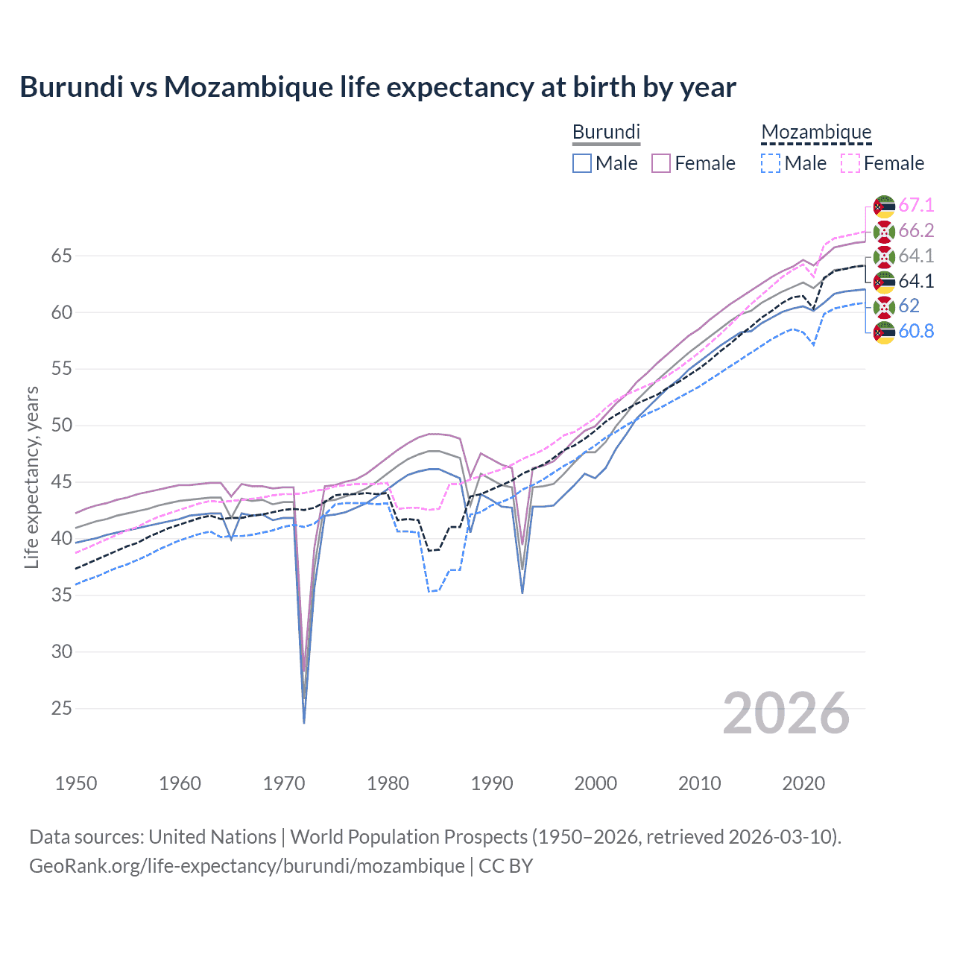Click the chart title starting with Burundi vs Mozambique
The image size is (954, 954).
[x=377, y=87]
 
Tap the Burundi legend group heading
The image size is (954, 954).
[x=606, y=132]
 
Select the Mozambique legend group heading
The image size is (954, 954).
[x=816, y=132]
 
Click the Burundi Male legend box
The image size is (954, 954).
[x=582, y=163]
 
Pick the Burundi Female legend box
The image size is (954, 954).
[x=661, y=163]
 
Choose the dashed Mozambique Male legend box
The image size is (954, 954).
[x=771, y=163]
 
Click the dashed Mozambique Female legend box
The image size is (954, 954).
[x=850, y=163]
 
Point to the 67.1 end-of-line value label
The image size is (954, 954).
[x=916, y=206]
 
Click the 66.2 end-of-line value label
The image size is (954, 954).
[x=916, y=231]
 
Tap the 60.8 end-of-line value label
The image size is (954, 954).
[x=916, y=332]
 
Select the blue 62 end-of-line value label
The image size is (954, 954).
[x=909, y=306]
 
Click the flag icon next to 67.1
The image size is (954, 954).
[x=884, y=206]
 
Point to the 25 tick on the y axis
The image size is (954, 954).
[x=61, y=708]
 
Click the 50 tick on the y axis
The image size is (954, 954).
[x=61, y=426]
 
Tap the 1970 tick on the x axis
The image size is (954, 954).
[x=284, y=783]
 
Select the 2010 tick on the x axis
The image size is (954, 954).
[x=699, y=783]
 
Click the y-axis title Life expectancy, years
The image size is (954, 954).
[x=31, y=477]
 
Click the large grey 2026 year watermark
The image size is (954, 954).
[x=786, y=713]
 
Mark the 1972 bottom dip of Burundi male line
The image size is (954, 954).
[x=304, y=722]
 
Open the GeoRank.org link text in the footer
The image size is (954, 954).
[x=247, y=866]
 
